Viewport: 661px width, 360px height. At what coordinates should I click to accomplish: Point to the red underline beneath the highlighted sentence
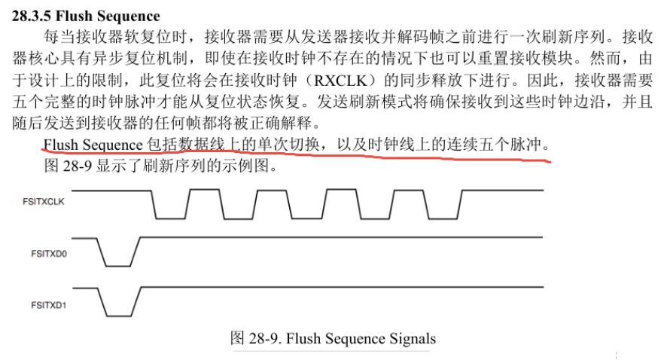tap(301, 156)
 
